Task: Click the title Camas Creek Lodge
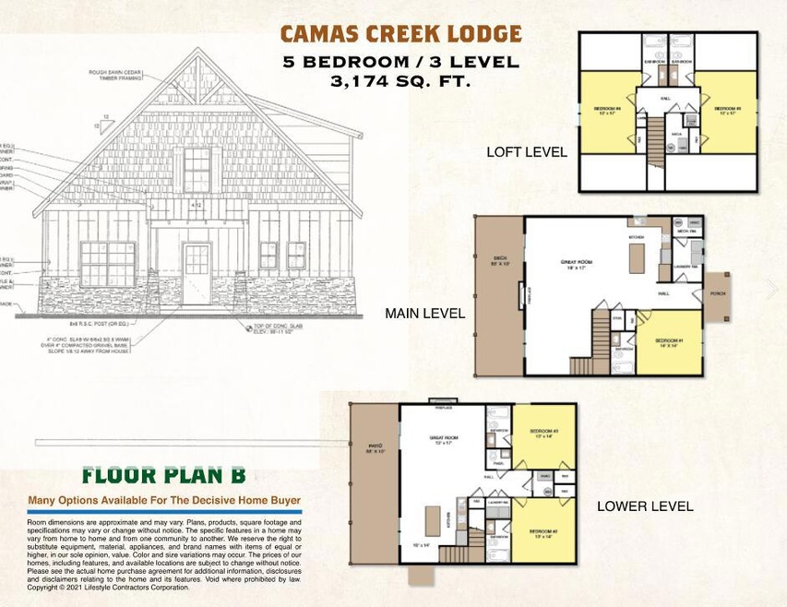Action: coord(400,35)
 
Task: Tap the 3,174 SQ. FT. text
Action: coord(400,81)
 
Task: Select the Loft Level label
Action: coord(526,152)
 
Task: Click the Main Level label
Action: coord(424,314)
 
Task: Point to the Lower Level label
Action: coord(645,506)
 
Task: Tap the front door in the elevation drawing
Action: coord(197,273)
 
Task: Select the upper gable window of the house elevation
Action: coord(197,170)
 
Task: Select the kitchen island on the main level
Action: coord(636,261)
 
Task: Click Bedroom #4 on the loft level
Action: coord(606,113)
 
